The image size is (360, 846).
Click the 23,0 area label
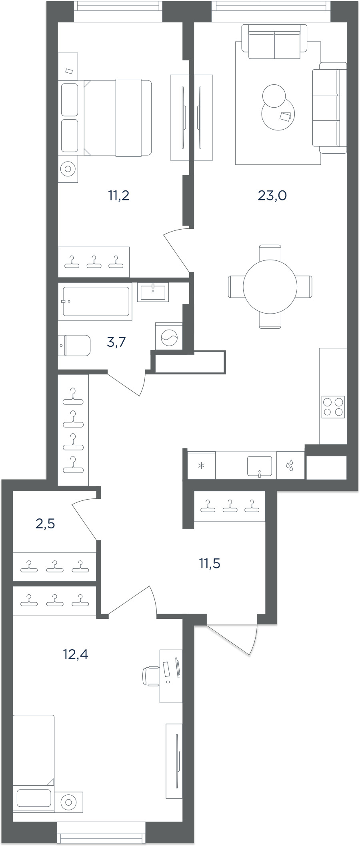click(x=272, y=196)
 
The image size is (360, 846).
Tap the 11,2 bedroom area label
click(x=119, y=196)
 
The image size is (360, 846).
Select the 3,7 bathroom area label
click(x=116, y=342)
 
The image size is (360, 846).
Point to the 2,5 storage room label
click(x=45, y=523)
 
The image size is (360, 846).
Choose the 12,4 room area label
click(x=76, y=654)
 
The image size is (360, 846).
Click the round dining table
click(x=270, y=286)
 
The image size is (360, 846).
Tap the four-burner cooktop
click(x=333, y=407)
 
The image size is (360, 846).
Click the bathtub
click(x=95, y=301)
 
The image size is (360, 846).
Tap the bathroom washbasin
click(x=153, y=292)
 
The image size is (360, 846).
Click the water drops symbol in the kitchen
click(x=290, y=465)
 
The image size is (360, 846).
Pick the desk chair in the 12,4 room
click(x=151, y=676)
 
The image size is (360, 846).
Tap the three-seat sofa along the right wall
click(x=330, y=108)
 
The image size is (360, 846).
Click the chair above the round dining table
click(x=270, y=253)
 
